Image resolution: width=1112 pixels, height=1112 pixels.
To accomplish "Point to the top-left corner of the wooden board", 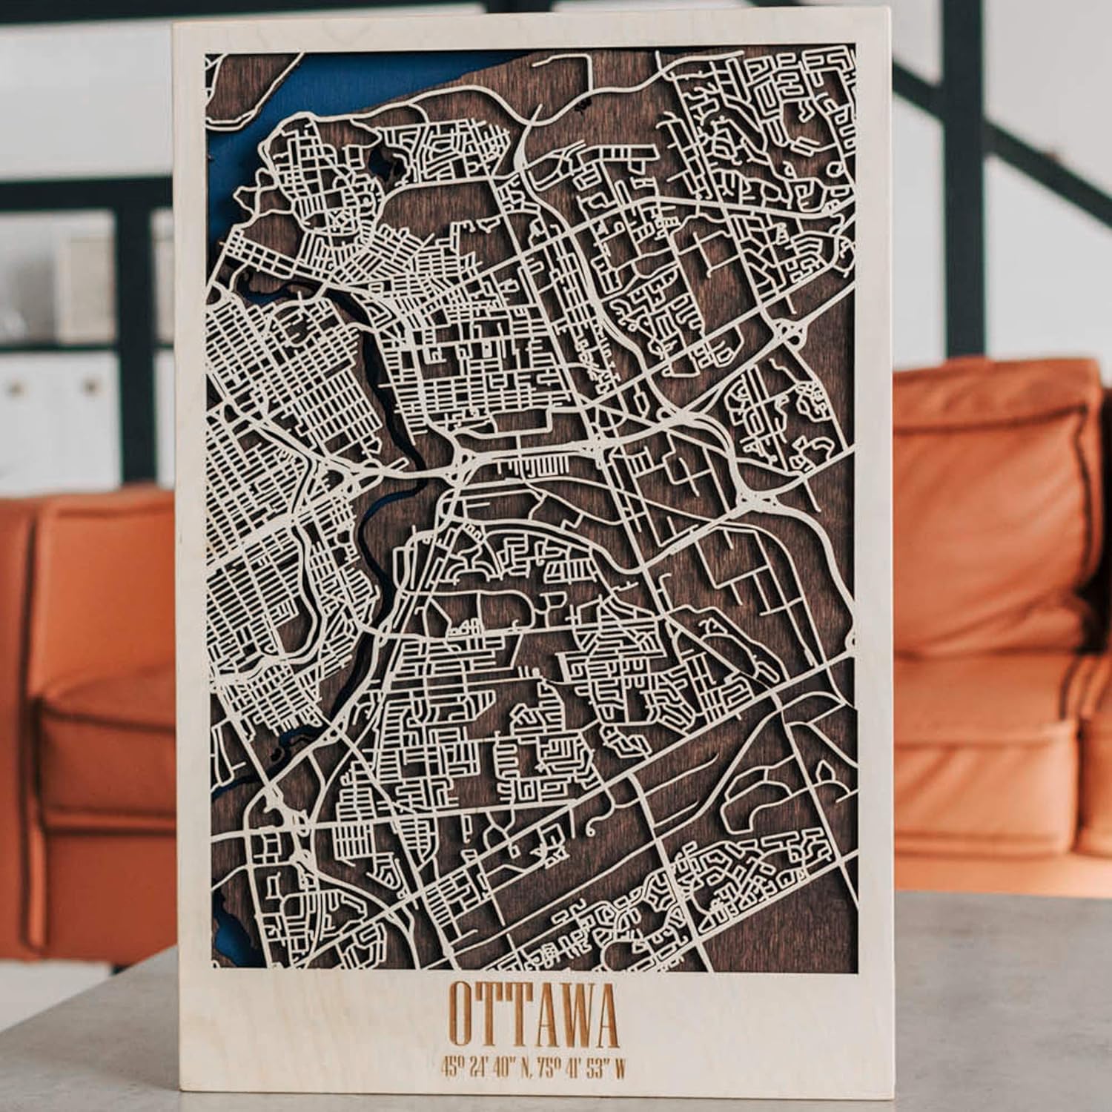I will (x=174, y=24).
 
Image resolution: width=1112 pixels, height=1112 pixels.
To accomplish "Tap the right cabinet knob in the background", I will (x=93, y=385).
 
